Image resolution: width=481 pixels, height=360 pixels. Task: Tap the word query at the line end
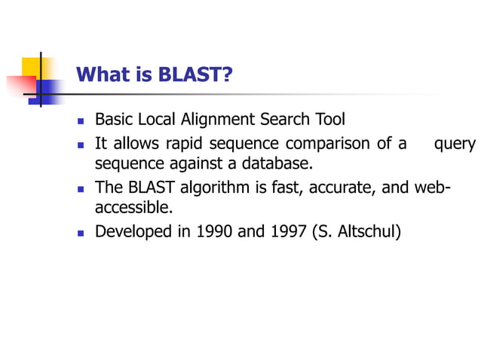click(x=455, y=143)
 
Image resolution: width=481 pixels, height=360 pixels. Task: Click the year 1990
click(x=214, y=231)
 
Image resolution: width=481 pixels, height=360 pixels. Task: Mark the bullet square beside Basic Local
click(x=80, y=121)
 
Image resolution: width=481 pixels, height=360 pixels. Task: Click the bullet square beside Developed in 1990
click(x=80, y=232)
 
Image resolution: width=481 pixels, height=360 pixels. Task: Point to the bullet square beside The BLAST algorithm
click(x=80, y=188)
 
